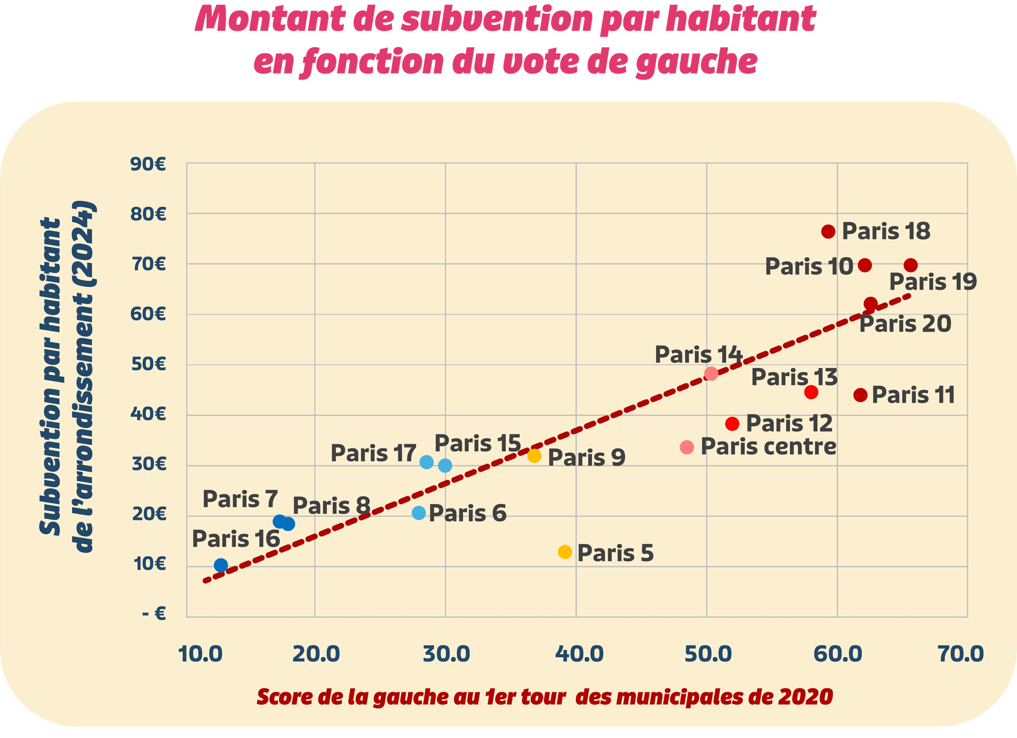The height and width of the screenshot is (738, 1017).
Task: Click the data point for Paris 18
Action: point(828,232)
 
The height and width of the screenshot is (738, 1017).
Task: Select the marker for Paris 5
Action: point(565,552)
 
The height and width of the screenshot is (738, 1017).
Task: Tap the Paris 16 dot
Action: point(221,565)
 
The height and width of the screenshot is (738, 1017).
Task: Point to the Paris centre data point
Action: point(687,447)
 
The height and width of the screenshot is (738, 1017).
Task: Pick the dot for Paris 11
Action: point(861,395)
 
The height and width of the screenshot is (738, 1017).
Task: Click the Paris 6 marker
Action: point(419,513)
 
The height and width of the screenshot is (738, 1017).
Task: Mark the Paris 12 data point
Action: point(733,424)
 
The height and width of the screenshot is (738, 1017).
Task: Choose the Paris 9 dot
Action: point(534,455)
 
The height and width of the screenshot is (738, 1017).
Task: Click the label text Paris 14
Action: point(698,355)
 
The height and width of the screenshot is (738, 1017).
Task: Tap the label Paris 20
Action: point(905,324)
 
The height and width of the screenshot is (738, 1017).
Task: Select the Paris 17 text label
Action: point(373,453)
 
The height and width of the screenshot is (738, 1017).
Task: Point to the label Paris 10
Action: point(808,267)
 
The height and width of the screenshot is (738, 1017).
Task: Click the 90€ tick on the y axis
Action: point(148,164)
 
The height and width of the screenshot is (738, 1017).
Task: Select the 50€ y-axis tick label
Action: point(148,365)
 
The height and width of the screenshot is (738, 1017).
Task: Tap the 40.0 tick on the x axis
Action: point(576,654)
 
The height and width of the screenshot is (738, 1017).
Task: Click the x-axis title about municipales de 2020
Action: point(545,697)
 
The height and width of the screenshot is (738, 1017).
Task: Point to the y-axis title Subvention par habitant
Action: point(51,376)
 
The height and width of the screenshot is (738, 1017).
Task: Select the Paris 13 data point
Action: point(811,392)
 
